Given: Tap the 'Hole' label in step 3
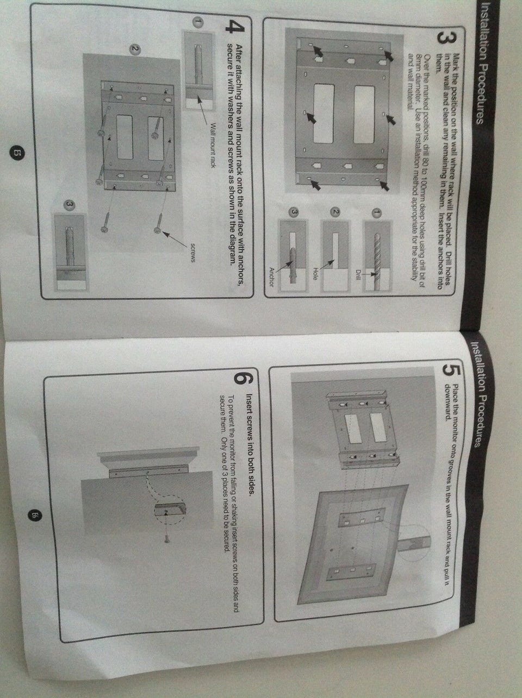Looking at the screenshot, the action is [x=315, y=273].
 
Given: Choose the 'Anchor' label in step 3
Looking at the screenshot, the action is [x=271, y=277].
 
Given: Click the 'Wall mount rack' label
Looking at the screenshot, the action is [x=213, y=146].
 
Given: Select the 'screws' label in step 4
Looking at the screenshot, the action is [x=192, y=253].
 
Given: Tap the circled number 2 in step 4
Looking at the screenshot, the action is [x=135, y=49].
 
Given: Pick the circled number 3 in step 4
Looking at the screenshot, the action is [x=70, y=205].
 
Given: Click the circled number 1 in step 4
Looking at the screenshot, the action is [x=198, y=22].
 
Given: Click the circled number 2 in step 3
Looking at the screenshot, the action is [x=335, y=212].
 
